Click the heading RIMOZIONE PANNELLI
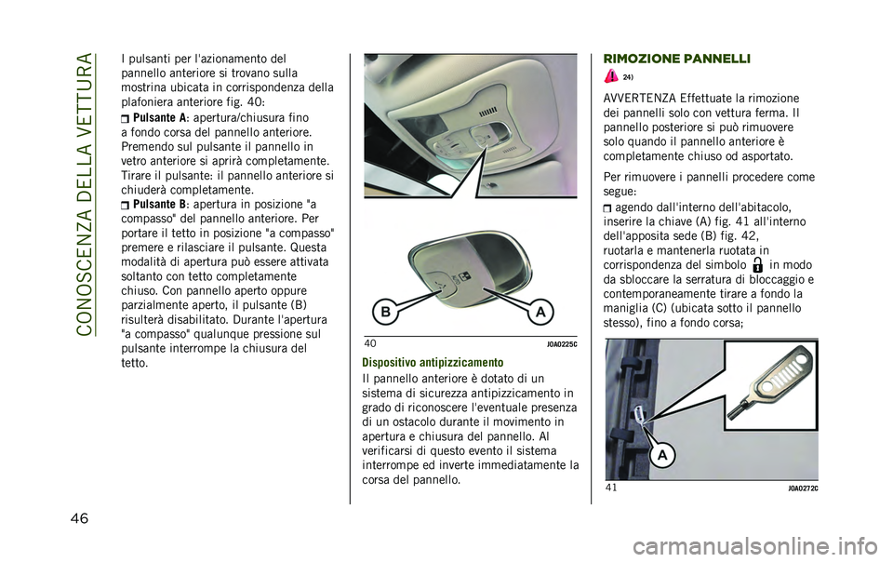[x=665, y=59]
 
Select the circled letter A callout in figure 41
[x=661, y=455]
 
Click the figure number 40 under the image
[x=370, y=343]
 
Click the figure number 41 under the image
[x=611, y=488]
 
